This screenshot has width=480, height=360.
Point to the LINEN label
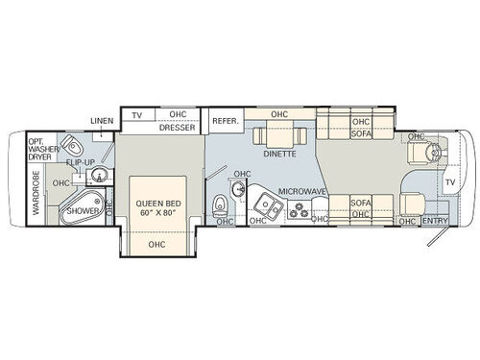tap(103, 120)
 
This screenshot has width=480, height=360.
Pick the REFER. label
tap(225, 121)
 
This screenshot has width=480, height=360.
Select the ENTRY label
tap(435, 222)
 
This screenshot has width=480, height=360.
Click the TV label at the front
tap(450, 182)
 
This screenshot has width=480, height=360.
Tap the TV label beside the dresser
tap(137, 114)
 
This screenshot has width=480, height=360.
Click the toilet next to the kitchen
tap(222, 204)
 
